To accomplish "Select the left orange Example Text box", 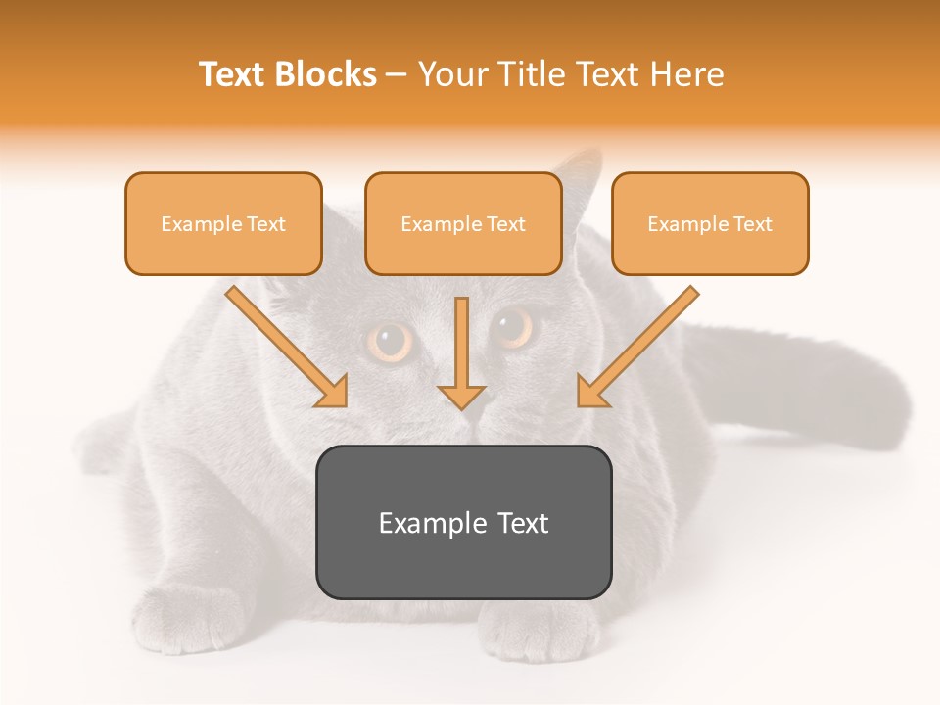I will (x=223, y=223).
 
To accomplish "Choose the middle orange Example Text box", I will (x=463, y=223).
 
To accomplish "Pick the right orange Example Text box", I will (x=710, y=223).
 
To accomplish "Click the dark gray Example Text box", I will (x=463, y=522).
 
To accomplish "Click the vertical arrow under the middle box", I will (x=461, y=352).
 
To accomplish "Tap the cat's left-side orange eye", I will (x=391, y=342).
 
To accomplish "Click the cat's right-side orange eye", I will (x=512, y=326).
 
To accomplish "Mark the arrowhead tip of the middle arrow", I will (x=461, y=406).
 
